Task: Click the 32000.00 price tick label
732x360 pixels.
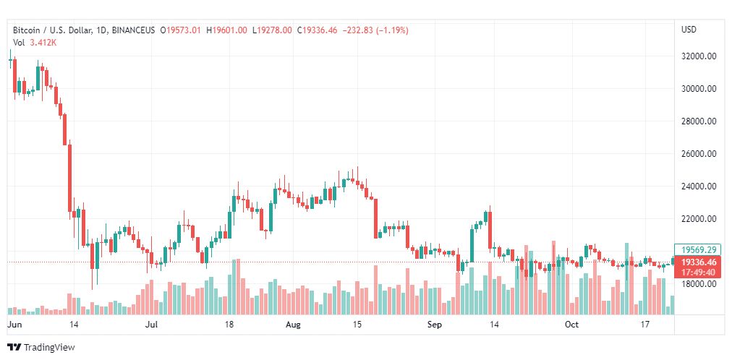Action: click(x=698, y=56)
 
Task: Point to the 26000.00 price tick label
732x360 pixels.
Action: click(x=698, y=154)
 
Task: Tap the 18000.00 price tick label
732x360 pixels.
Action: click(x=698, y=284)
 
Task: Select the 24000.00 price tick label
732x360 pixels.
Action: click(x=698, y=187)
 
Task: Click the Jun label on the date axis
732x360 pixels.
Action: click(x=14, y=325)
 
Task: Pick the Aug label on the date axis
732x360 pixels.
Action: click(x=294, y=325)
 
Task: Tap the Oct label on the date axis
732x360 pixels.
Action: click(x=571, y=325)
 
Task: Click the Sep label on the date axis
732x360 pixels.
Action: click(x=434, y=325)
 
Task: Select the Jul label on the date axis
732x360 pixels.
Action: click(x=152, y=325)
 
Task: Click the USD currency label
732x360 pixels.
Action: click(x=689, y=30)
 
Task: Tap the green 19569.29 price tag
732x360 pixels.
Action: click(x=697, y=249)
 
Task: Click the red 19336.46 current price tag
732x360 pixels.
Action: click(x=697, y=262)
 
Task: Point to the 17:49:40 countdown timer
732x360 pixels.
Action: click(x=697, y=272)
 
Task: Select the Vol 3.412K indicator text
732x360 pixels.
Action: click(x=35, y=43)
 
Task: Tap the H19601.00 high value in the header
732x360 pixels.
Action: click(x=226, y=30)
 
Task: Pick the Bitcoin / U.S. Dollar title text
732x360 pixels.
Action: click(x=51, y=30)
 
